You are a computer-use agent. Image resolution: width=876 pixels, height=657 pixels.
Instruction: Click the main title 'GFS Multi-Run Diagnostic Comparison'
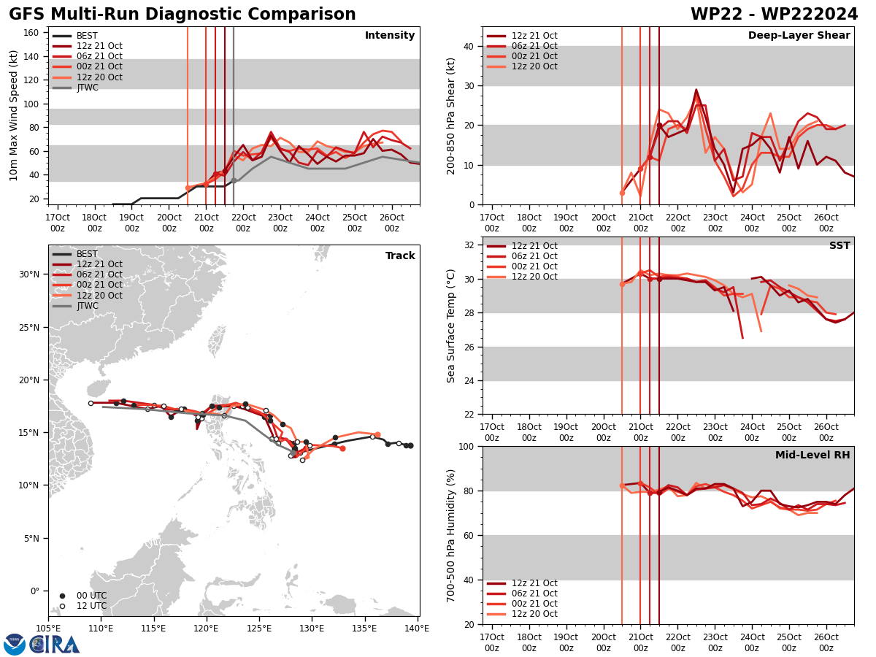click(182, 15)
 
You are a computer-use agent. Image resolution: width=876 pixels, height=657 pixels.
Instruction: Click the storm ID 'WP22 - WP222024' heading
click(774, 15)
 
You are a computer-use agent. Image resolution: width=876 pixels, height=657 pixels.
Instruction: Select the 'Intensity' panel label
click(389, 36)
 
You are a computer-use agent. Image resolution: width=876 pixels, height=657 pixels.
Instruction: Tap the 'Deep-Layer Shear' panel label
click(799, 36)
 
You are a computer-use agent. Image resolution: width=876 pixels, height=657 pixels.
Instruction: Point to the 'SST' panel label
click(839, 246)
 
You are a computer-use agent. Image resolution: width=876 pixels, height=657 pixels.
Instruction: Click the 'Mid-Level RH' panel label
click(812, 456)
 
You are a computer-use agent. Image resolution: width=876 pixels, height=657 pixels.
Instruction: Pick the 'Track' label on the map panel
click(400, 256)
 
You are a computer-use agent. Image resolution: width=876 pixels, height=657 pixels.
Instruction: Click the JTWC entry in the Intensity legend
click(87, 88)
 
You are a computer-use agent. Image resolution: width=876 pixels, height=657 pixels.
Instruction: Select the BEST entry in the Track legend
click(87, 254)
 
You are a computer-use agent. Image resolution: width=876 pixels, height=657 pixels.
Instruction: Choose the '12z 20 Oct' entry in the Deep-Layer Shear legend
click(534, 66)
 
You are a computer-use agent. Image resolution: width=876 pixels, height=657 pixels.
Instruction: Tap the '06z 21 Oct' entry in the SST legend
click(534, 256)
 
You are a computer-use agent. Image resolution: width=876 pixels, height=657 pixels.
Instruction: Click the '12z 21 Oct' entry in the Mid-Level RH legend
click(534, 583)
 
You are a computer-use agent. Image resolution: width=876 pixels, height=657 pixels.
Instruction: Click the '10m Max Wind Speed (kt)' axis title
click(13, 115)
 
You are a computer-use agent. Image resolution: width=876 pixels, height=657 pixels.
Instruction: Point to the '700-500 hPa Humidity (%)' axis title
click(451, 535)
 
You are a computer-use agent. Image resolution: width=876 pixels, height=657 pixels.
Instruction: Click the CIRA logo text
click(55, 645)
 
